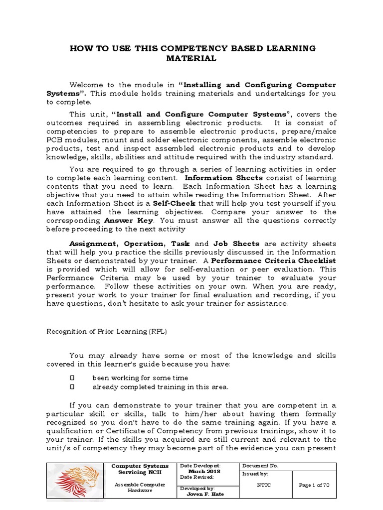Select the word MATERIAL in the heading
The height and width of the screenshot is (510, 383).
tap(191, 59)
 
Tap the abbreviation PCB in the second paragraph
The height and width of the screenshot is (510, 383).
tap(55, 140)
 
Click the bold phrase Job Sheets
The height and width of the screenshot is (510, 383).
tap(236, 244)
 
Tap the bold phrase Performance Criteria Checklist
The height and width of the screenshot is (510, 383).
tap(287, 260)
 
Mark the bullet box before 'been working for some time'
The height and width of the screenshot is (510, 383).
tap(72, 378)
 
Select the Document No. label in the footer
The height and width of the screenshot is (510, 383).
tap(261, 466)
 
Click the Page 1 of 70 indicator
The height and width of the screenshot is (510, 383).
tap(314, 485)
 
